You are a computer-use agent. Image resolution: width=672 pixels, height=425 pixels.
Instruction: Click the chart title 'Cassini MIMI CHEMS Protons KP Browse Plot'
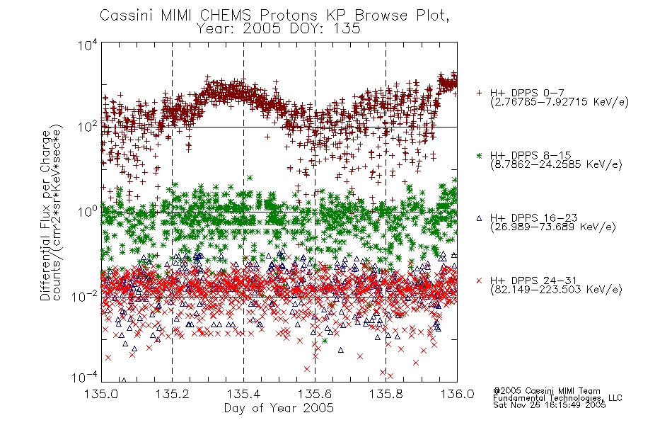274,15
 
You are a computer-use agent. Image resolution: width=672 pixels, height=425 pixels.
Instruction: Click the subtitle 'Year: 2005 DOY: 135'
279,29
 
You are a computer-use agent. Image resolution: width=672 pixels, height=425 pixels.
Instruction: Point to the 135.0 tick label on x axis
101,394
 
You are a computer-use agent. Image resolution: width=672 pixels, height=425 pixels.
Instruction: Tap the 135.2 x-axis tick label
173,394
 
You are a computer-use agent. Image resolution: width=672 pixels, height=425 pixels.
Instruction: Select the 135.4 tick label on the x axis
244,394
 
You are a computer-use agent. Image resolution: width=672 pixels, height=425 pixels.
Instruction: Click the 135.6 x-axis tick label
315,394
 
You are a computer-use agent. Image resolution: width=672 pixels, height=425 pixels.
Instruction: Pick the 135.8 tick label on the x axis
386,394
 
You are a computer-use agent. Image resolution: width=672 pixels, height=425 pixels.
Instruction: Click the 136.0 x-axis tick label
457,394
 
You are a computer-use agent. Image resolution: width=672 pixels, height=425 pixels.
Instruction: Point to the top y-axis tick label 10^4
87,45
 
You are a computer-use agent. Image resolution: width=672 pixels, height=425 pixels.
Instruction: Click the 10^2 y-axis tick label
87,127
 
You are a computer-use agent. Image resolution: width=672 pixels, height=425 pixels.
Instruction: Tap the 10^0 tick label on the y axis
87,212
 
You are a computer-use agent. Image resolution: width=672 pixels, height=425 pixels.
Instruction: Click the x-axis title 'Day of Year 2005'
279,408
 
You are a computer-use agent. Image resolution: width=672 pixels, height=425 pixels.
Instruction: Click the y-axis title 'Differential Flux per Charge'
45,215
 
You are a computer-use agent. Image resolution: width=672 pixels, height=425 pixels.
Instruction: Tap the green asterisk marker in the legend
479,156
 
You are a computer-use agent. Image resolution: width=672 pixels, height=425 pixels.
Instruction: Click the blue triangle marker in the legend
479,218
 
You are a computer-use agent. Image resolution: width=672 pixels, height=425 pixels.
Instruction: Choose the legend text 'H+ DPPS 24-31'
533,280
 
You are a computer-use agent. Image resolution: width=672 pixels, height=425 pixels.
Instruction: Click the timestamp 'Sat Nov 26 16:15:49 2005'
550,405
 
